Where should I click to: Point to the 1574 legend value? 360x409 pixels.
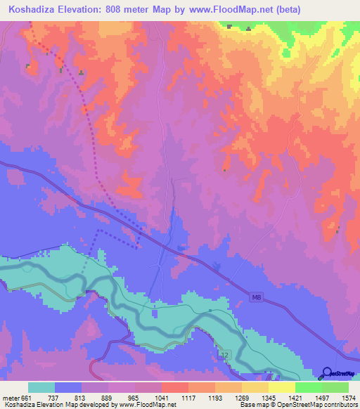pyautogui.click(x=349, y=397)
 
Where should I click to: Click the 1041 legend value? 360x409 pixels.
pyautogui.click(x=162, y=397)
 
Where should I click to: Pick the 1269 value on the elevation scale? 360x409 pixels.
pyautogui.click(x=242, y=397)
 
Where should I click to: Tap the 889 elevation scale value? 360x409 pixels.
pyautogui.click(x=108, y=397)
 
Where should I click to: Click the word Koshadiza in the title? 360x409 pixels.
pyautogui.click(x=36, y=10)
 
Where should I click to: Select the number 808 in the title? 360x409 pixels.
pyautogui.click(x=135, y=10)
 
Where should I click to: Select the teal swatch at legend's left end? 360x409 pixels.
pyautogui.click(x=41, y=387)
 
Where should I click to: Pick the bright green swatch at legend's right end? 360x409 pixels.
pyautogui.click(x=335, y=387)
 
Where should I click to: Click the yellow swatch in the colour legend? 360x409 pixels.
pyautogui.click(x=281, y=387)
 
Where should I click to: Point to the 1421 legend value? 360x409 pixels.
pyautogui.click(x=295, y=397)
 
